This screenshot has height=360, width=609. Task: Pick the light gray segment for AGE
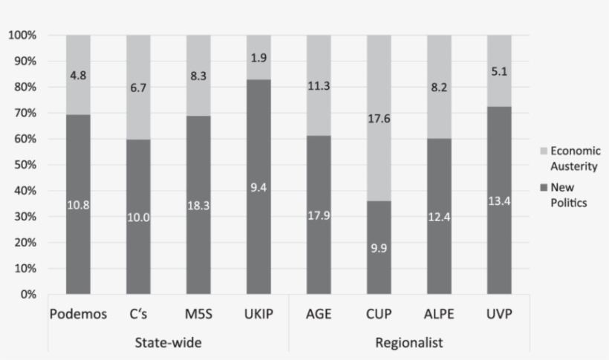click(319, 85)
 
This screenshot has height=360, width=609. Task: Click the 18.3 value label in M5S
click(198, 206)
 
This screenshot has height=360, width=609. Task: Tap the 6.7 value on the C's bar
click(138, 88)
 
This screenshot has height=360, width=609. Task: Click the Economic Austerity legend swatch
click(543, 151)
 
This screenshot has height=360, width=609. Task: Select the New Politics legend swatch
click(543, 188)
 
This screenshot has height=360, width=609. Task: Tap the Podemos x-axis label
click(78, 314)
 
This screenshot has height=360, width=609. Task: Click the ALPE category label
click(439, 314)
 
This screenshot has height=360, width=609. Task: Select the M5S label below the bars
click(198, 314)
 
